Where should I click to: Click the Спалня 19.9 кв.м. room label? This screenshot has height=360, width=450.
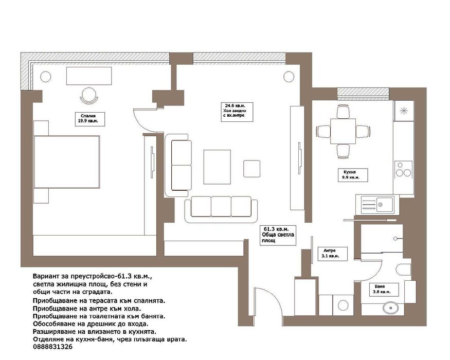[89, 119]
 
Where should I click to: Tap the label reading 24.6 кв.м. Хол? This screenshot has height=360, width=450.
[237, 112]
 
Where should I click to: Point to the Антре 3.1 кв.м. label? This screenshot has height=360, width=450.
[332, 254]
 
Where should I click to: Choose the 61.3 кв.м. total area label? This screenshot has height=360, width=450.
[278, 235]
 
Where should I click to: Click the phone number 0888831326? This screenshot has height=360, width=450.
[53, 347]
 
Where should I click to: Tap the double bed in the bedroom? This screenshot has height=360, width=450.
[66, 162]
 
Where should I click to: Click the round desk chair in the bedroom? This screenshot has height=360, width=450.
[89, 96]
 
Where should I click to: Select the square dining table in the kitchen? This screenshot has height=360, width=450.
[343, 131]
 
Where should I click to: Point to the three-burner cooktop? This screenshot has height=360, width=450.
[404, 169]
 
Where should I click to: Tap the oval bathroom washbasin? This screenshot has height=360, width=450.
[390, 308]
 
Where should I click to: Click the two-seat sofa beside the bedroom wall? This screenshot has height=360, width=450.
[178, 166]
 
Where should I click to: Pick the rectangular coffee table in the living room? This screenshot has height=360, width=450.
[217, 167]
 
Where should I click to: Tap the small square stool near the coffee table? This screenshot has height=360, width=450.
[251, 169]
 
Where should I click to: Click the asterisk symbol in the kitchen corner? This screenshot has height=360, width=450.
[404, 111]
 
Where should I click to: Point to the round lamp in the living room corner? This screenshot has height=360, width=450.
[289, 77]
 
